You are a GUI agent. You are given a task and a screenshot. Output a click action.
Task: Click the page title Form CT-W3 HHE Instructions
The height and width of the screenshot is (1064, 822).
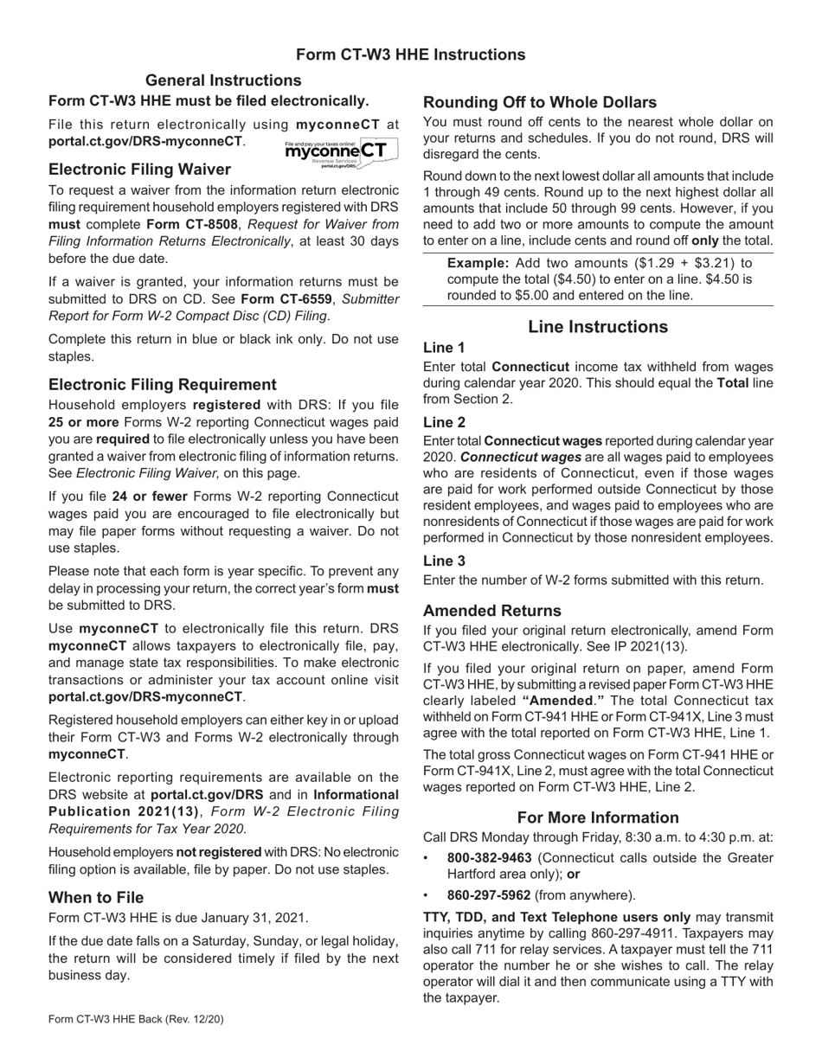(410, 54)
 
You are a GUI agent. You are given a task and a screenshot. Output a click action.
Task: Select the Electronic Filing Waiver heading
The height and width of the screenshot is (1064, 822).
(139, 169)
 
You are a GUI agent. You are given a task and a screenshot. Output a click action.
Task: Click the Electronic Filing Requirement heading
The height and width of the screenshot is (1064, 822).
(163, 384)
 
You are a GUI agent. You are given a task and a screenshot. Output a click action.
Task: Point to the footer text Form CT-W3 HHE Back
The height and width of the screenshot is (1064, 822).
(136, 1019)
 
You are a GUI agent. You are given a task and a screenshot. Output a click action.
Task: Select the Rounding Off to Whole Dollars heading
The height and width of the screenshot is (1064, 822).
(539, 101)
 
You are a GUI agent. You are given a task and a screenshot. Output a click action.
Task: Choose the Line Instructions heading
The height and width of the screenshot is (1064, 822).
(597, 326)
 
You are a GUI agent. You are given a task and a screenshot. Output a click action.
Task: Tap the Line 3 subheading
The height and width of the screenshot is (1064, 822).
(444, 561)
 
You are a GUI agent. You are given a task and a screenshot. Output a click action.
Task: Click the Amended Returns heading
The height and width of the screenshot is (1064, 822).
(491, 610)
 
